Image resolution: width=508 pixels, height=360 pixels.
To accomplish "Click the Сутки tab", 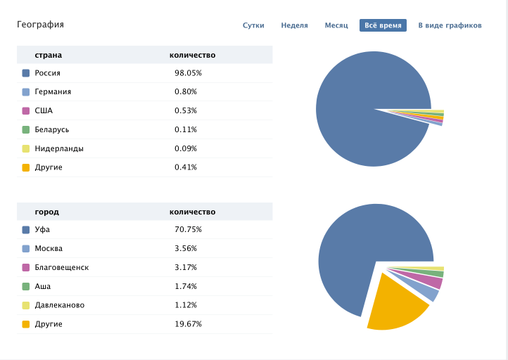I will (x=253, y=25).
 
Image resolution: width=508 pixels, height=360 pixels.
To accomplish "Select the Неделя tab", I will (x=294, y=25).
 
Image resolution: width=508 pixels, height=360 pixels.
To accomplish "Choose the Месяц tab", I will (x=336, y=25).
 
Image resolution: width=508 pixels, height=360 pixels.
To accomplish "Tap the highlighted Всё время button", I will (x=383, y=25).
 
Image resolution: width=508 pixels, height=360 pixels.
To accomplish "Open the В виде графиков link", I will (x=450, y=25).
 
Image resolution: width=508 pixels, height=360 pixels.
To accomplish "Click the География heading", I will (x=40, y=25).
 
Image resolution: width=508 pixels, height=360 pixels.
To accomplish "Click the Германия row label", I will (x=53, y=92).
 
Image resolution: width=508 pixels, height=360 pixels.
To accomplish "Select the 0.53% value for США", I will (x=186, y=111).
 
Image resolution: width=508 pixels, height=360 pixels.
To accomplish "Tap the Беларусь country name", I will (x=53, y=130).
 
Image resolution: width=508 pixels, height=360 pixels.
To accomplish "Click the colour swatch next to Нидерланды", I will (x=26, y=149).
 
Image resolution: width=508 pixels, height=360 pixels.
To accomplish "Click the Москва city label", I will (x=49, y=249).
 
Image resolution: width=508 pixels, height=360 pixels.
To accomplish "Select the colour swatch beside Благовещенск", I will (x=26, y=268).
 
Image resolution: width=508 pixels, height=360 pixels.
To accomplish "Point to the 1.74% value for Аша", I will (x=186, y=287).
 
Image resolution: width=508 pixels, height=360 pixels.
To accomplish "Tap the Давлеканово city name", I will (x=59, y=306).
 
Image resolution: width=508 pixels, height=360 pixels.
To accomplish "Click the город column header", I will (x=47, y=212).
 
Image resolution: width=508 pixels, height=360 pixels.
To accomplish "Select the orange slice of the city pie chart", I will (x=394, y=302).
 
